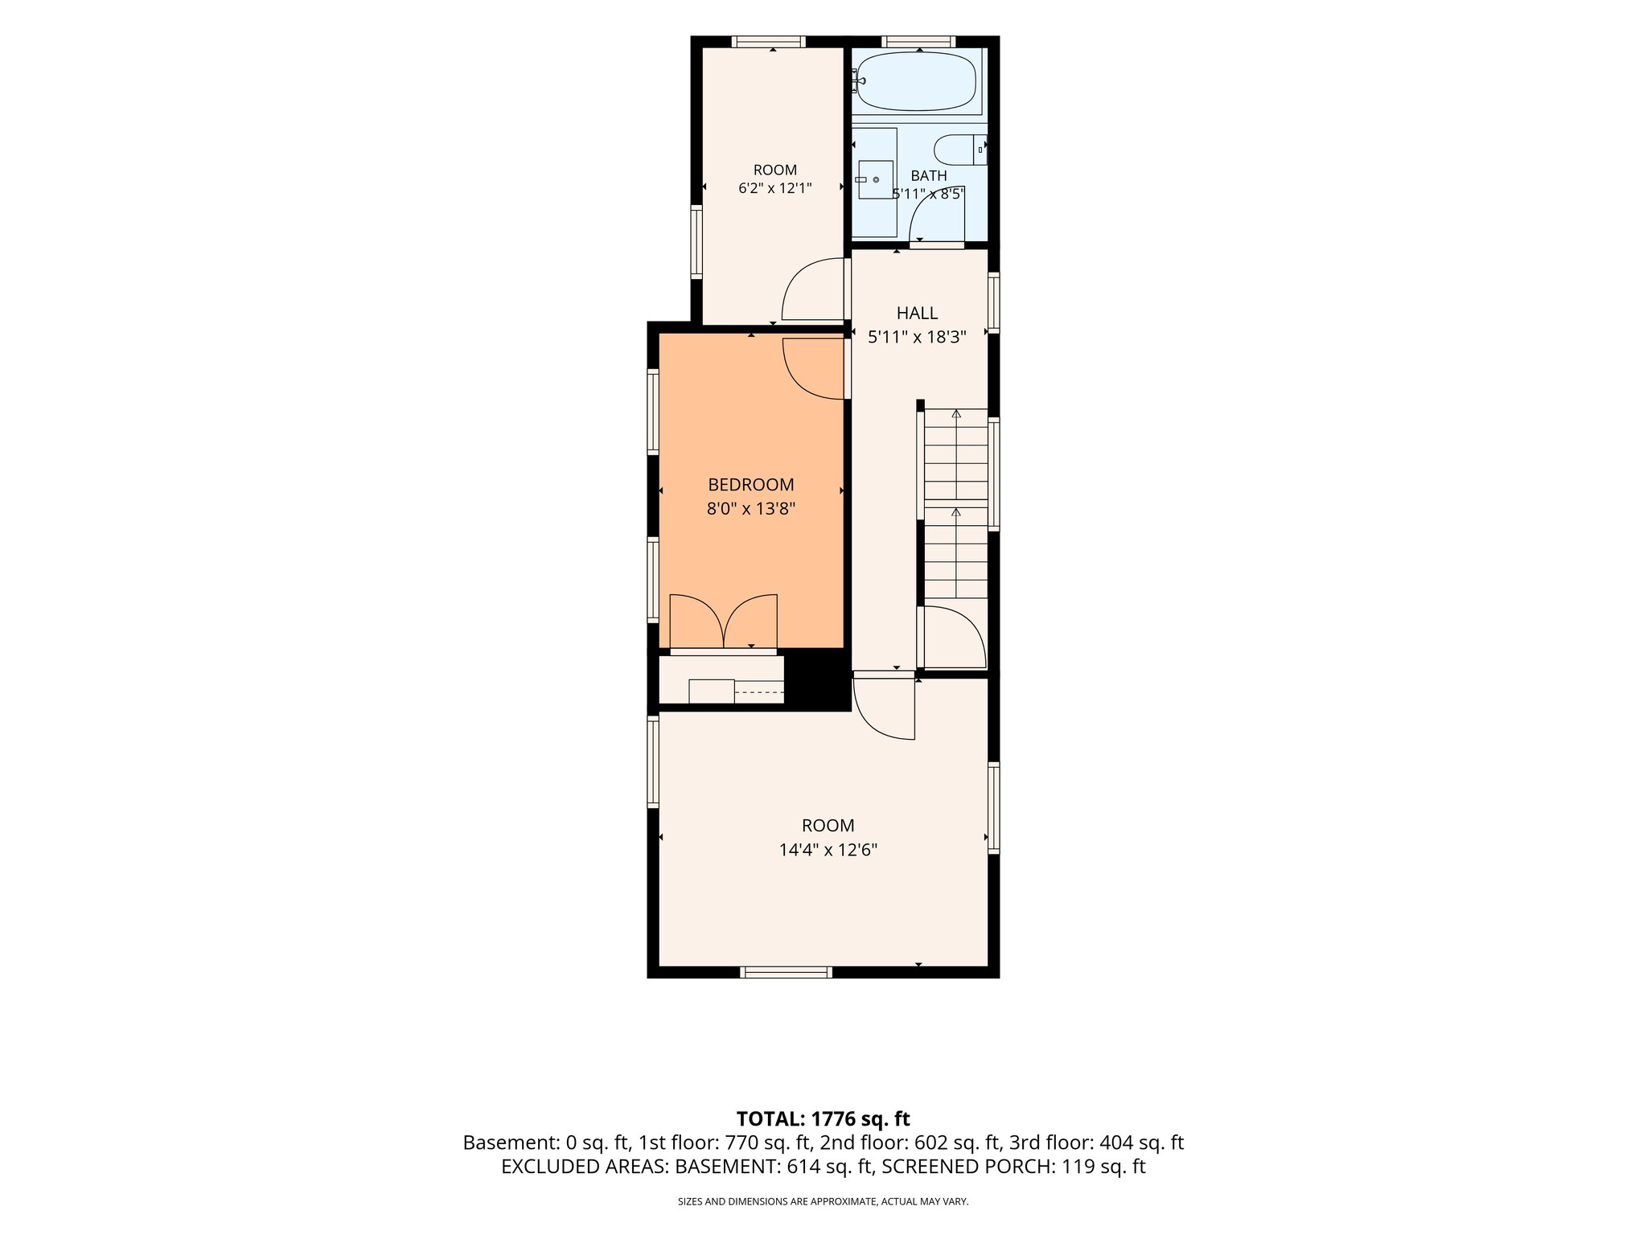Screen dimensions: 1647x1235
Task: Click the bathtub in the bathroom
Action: pyautogui.click(x=917, y=81)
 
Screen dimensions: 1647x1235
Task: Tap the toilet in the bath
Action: pyautogui.click(x=960, y=149)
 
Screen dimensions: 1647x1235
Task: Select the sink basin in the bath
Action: pyautogui.click(x=876, y=179)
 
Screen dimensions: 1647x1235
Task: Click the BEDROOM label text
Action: pyautogui.click(x=751, y=485)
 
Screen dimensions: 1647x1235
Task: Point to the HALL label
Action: pyautogui.click(x=917, y=313)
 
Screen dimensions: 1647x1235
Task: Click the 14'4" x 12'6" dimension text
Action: pyautogui.click(x=828, y=849)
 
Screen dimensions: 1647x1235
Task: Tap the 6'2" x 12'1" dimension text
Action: pyautogui.click(x=775, y=189)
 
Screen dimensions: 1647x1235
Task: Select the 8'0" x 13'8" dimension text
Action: pyautogui.click(x=751, y=508)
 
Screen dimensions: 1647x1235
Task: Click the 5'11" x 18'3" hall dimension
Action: pyautogui.click(x=917, y=336)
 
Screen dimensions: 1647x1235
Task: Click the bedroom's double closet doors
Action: pyautogui.click(x=724, y=621)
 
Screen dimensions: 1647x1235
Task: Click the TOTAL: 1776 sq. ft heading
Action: pyautogui.click(x=823, y=1118)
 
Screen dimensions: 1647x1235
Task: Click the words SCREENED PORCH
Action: pyautogui.click(x=967, y=1167)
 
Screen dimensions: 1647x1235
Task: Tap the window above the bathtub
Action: pyautogui.click(x=918, y=42)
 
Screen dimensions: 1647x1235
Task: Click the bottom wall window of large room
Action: pyautogui.click(x=786, y=972)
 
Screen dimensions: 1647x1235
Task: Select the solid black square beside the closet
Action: pyautogui.click(x=817, y=680)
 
